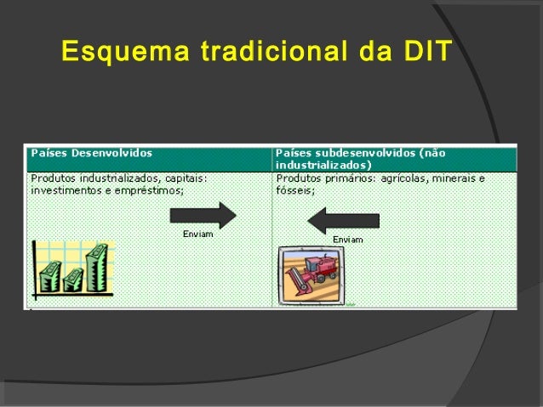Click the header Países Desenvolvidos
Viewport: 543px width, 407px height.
coord(92,153)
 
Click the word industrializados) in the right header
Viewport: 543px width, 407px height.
coord(323,164)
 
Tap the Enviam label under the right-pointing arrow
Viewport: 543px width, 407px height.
coord(197,234)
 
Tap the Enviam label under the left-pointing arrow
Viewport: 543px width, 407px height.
coord(347,240)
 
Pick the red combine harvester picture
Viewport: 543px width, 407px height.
coord(311,274)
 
